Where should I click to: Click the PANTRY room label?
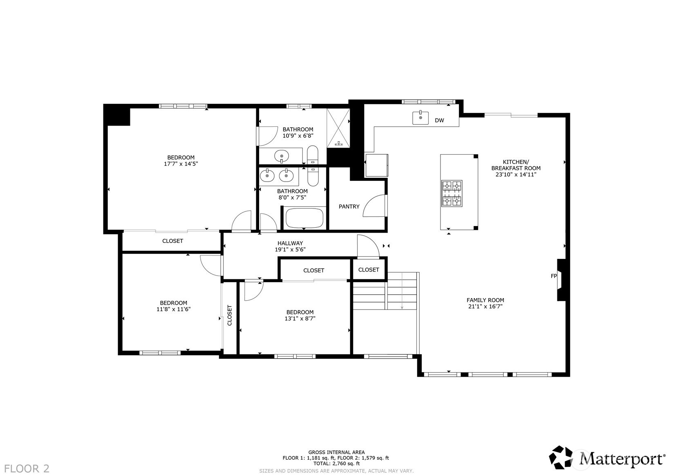click(349, 207)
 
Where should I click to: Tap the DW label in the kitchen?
click(439, 120)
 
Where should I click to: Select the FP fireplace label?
click(554, 276)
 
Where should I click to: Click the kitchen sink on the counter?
click(420, 118)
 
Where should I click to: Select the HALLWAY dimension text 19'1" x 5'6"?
click(290, 249)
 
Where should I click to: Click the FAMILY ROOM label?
click(485, 300)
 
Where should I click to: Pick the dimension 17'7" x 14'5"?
click(181, 164)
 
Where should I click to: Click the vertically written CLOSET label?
click(230, 315)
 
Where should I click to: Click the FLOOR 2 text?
click(27, 469)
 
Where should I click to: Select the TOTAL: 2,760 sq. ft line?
click(336, 464)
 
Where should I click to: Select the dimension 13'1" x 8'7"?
click(300, 319)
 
